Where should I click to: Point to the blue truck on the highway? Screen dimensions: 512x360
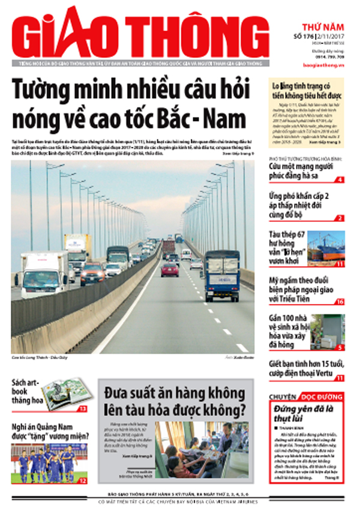point(223,273)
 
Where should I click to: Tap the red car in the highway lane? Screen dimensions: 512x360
point(170,269)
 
